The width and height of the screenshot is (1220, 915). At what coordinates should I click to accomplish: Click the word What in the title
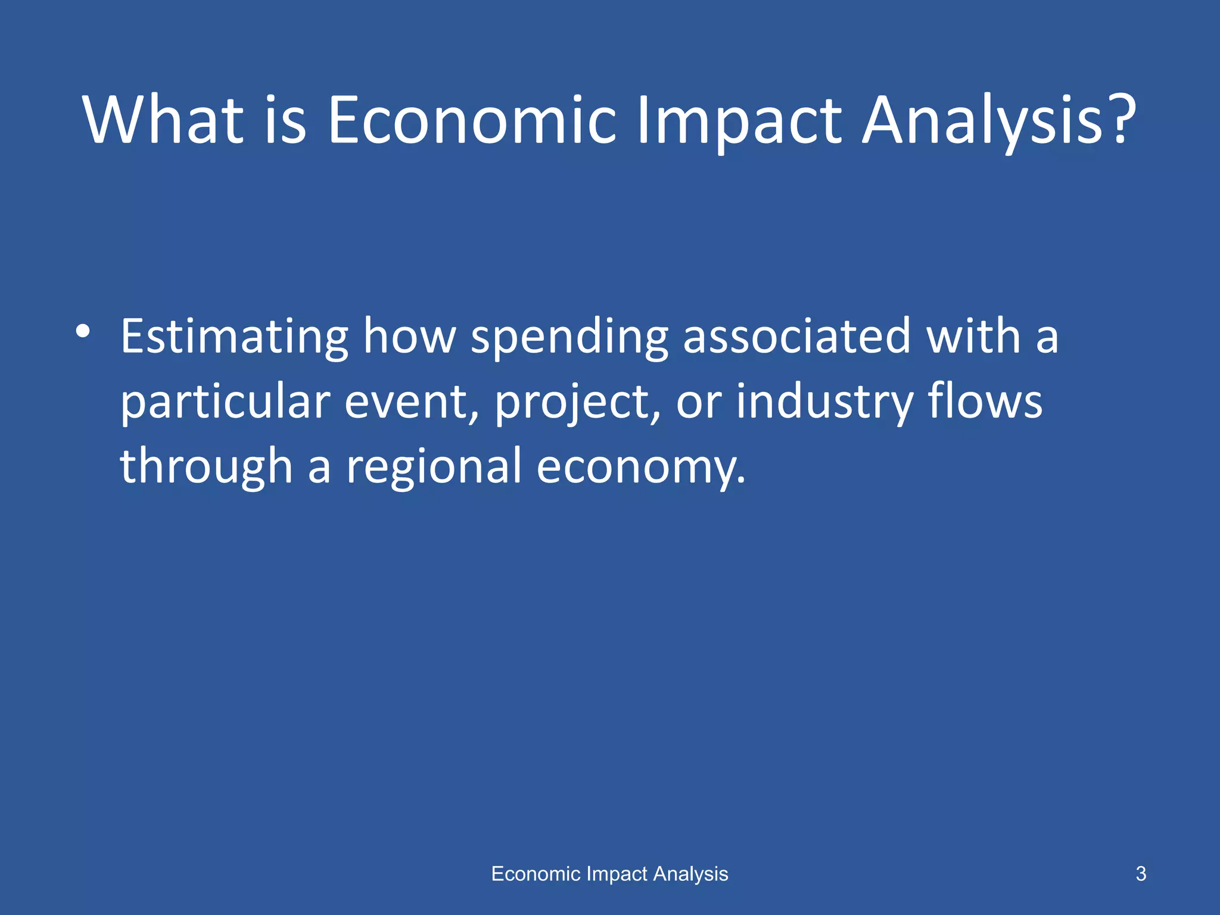click(x=163, y=120)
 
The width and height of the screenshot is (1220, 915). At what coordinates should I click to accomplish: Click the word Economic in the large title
click(x=472, y=120)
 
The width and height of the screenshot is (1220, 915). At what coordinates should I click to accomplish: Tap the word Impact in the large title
click(x=739, y=120)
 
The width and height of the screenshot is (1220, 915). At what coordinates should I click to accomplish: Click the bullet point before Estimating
click(x=83, y=332)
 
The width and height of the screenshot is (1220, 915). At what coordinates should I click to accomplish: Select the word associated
click(x=796, y=337)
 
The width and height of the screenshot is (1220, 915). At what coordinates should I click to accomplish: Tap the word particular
click(x=225, y=403)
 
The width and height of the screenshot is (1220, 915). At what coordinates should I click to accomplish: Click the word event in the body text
click(x=412, y=403)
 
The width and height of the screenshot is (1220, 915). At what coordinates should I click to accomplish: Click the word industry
click(x=824, y=403)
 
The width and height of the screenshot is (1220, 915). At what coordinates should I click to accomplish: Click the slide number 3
click(x=1141, y=874)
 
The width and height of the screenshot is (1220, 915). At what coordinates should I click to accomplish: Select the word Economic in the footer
click(x=536, y=874)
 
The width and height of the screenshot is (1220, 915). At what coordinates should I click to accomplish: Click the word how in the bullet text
click(x=409, y=337)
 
